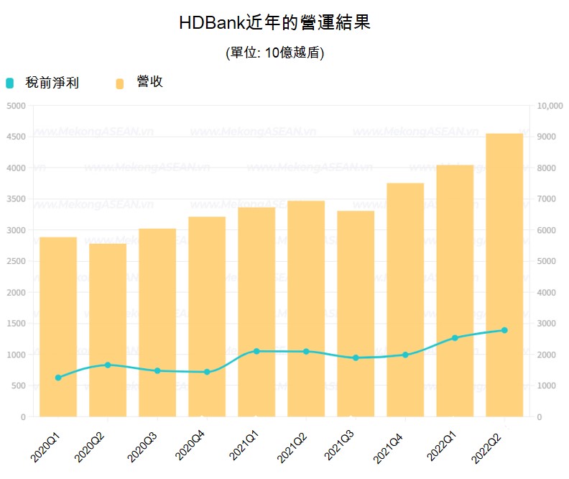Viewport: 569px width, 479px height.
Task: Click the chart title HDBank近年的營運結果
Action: (274, 22)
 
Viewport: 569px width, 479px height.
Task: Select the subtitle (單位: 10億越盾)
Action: (274, 53)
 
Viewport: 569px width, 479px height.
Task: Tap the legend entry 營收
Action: (149, 82)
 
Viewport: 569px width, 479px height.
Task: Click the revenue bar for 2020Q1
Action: (58, 327)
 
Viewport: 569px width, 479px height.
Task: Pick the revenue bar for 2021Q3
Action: (356, 314)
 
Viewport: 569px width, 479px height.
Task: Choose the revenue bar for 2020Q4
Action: (207, 316)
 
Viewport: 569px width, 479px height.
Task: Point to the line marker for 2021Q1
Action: (256, 351)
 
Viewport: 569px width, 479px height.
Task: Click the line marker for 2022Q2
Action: (504, 330)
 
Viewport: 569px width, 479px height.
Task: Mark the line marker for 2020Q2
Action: (108, 365)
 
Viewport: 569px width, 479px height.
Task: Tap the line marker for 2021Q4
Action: (405, 355)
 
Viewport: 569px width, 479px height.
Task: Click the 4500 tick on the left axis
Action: (16, 137)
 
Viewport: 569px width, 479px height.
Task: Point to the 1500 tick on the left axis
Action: (16, 324)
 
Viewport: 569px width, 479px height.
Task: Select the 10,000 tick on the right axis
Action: (550, 106)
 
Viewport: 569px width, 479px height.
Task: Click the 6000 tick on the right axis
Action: (547, 230)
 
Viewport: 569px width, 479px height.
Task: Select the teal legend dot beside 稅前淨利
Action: (9, 83)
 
